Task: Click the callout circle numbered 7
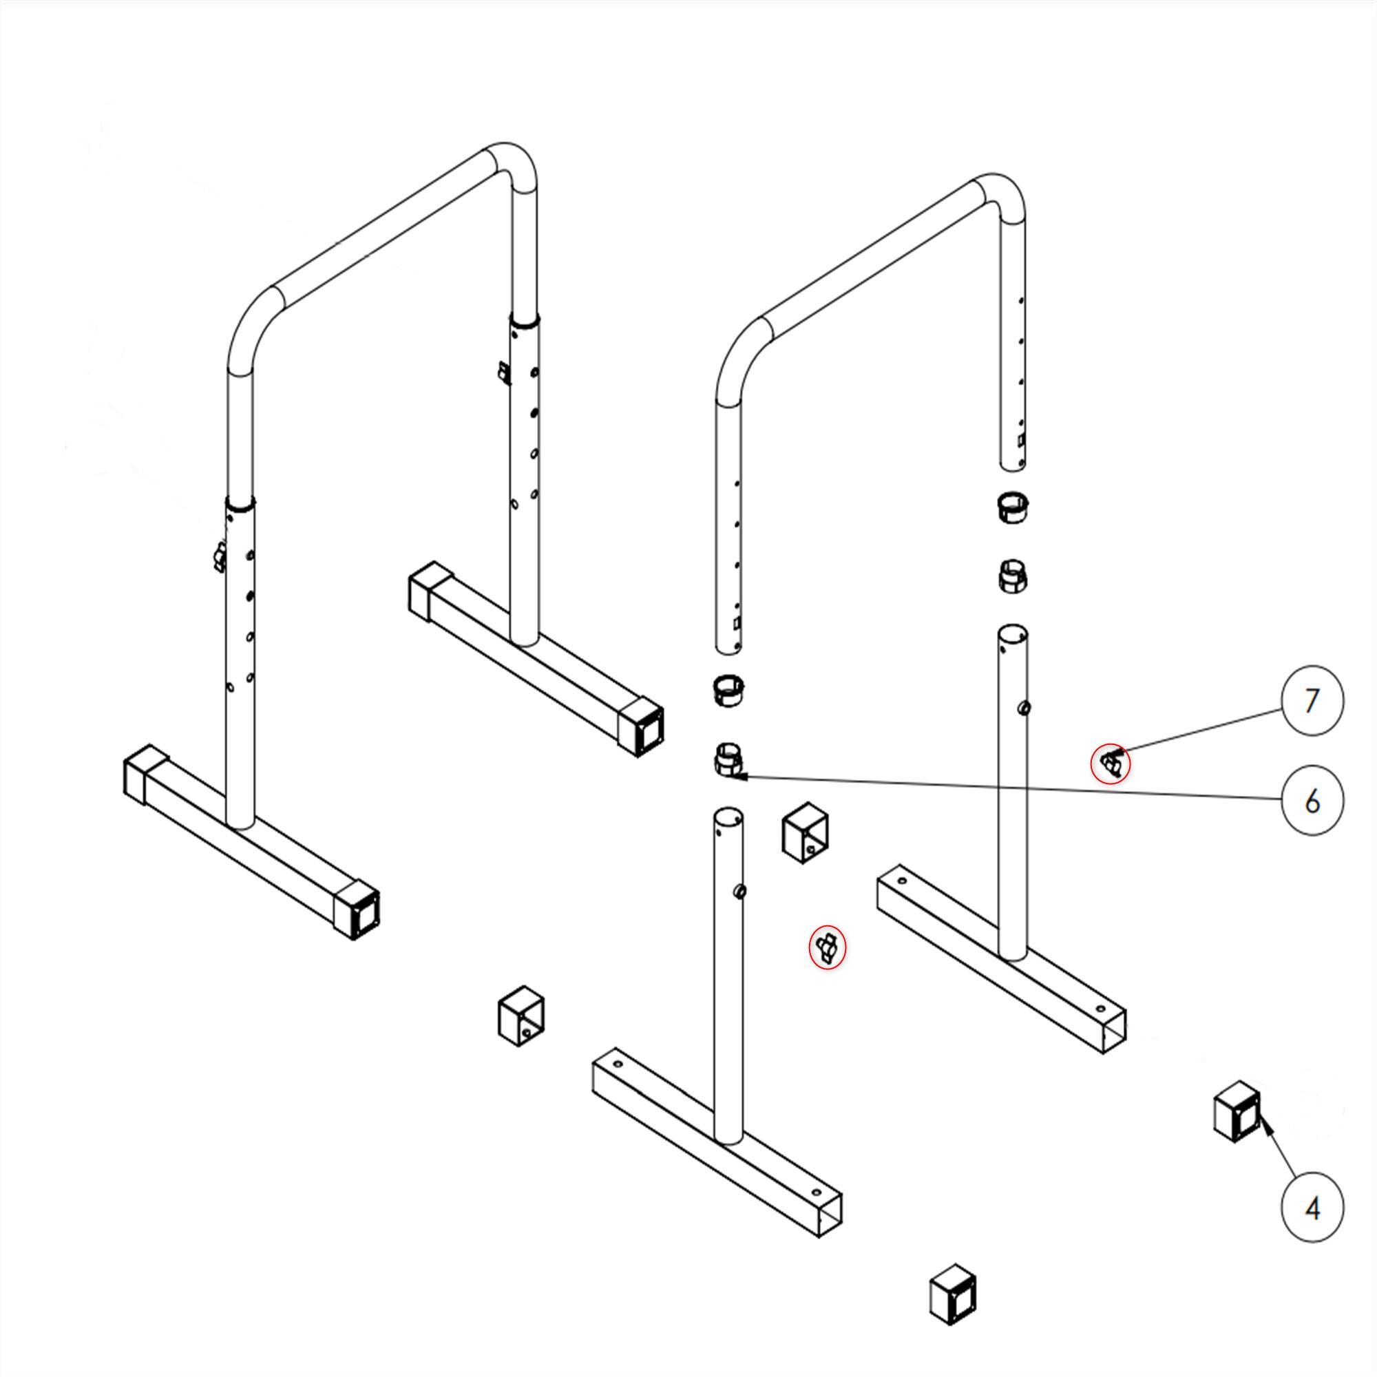click(1312, 701)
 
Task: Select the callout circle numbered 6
click(1312, 801)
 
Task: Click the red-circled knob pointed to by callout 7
click(1111, 764)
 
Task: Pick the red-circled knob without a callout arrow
click(827, 948)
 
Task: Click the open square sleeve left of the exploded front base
click(521, 1016)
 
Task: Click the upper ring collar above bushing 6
click(729, 690)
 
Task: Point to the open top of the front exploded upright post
click(728, 816)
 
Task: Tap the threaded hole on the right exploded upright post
click(1024, 708)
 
